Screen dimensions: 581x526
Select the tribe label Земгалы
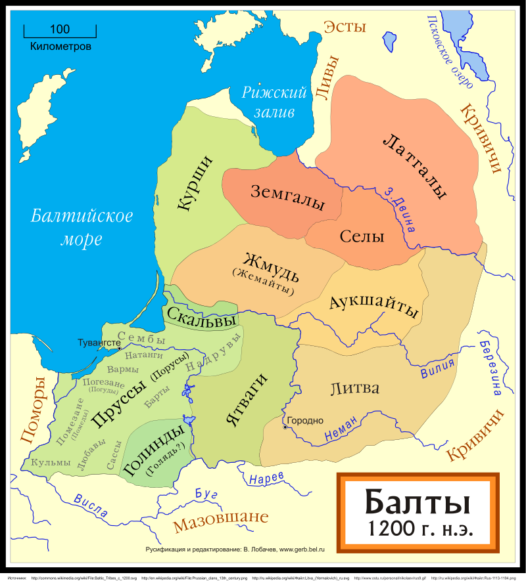tap(287, 197)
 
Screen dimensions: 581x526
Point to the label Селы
tap(362, 237)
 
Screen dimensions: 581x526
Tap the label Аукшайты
tap(373, 305)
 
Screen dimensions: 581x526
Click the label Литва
tap(354, 388)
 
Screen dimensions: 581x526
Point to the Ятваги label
tap(248, 400)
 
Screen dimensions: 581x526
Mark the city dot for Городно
tap(285, 427)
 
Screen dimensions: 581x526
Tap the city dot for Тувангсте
tap(119, 349)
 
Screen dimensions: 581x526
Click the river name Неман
tap(341, 430)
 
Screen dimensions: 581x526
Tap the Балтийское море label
tap(82, 226)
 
